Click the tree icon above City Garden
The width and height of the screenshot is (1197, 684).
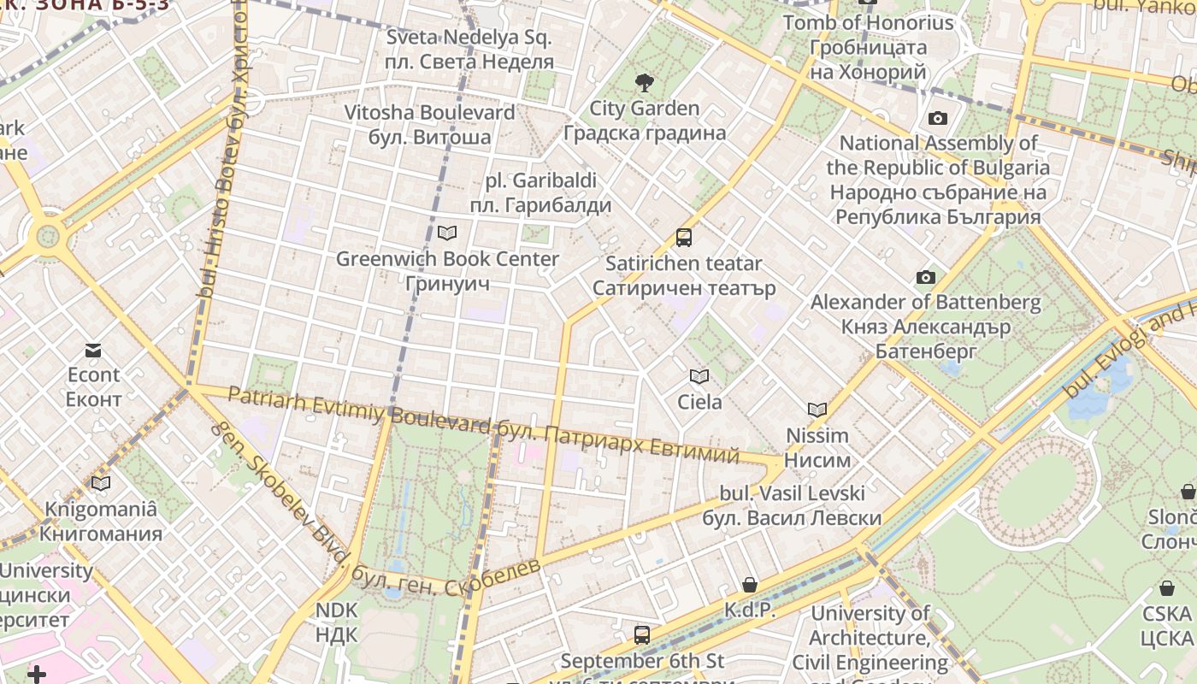coord(645,83)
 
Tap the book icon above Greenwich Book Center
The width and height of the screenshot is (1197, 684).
coord(446,233)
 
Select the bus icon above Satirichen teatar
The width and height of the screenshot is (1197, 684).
coord(683,238)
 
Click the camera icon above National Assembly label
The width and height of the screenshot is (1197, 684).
coord(938,119)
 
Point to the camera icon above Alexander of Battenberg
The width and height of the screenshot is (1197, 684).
coord(925,277)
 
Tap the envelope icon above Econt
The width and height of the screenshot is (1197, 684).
coord(93,350)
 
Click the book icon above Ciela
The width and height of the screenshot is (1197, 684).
coord(699,376)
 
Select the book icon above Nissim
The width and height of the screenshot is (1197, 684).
coord(817,410)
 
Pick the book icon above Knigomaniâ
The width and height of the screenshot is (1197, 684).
coord(101,484)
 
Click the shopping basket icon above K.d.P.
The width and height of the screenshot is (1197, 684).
coord(750,585)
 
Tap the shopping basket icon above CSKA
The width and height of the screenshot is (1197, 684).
coord(1167,588)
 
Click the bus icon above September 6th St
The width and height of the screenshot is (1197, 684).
coord(642,635)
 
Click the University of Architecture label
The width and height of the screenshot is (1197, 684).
coord(870,638)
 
